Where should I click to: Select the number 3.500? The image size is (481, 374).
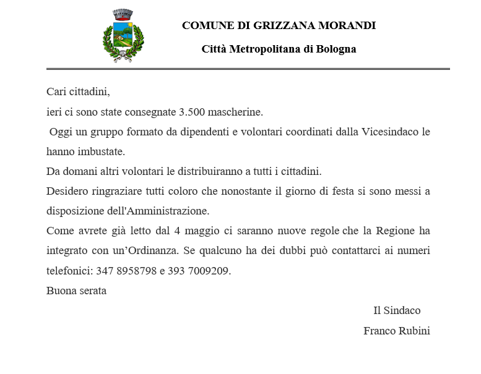click(x=192, y=112)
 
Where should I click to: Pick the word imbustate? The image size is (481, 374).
click(x=100, y=151)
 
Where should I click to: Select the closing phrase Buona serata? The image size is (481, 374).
click(x=76, y=291)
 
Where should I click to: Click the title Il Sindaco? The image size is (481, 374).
click(x=397, y=310)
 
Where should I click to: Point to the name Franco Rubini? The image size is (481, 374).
click(x=397, y=331)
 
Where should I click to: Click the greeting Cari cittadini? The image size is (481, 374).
click(x=78, y=92)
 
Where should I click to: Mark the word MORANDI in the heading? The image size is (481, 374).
click(x=347, y=25)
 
